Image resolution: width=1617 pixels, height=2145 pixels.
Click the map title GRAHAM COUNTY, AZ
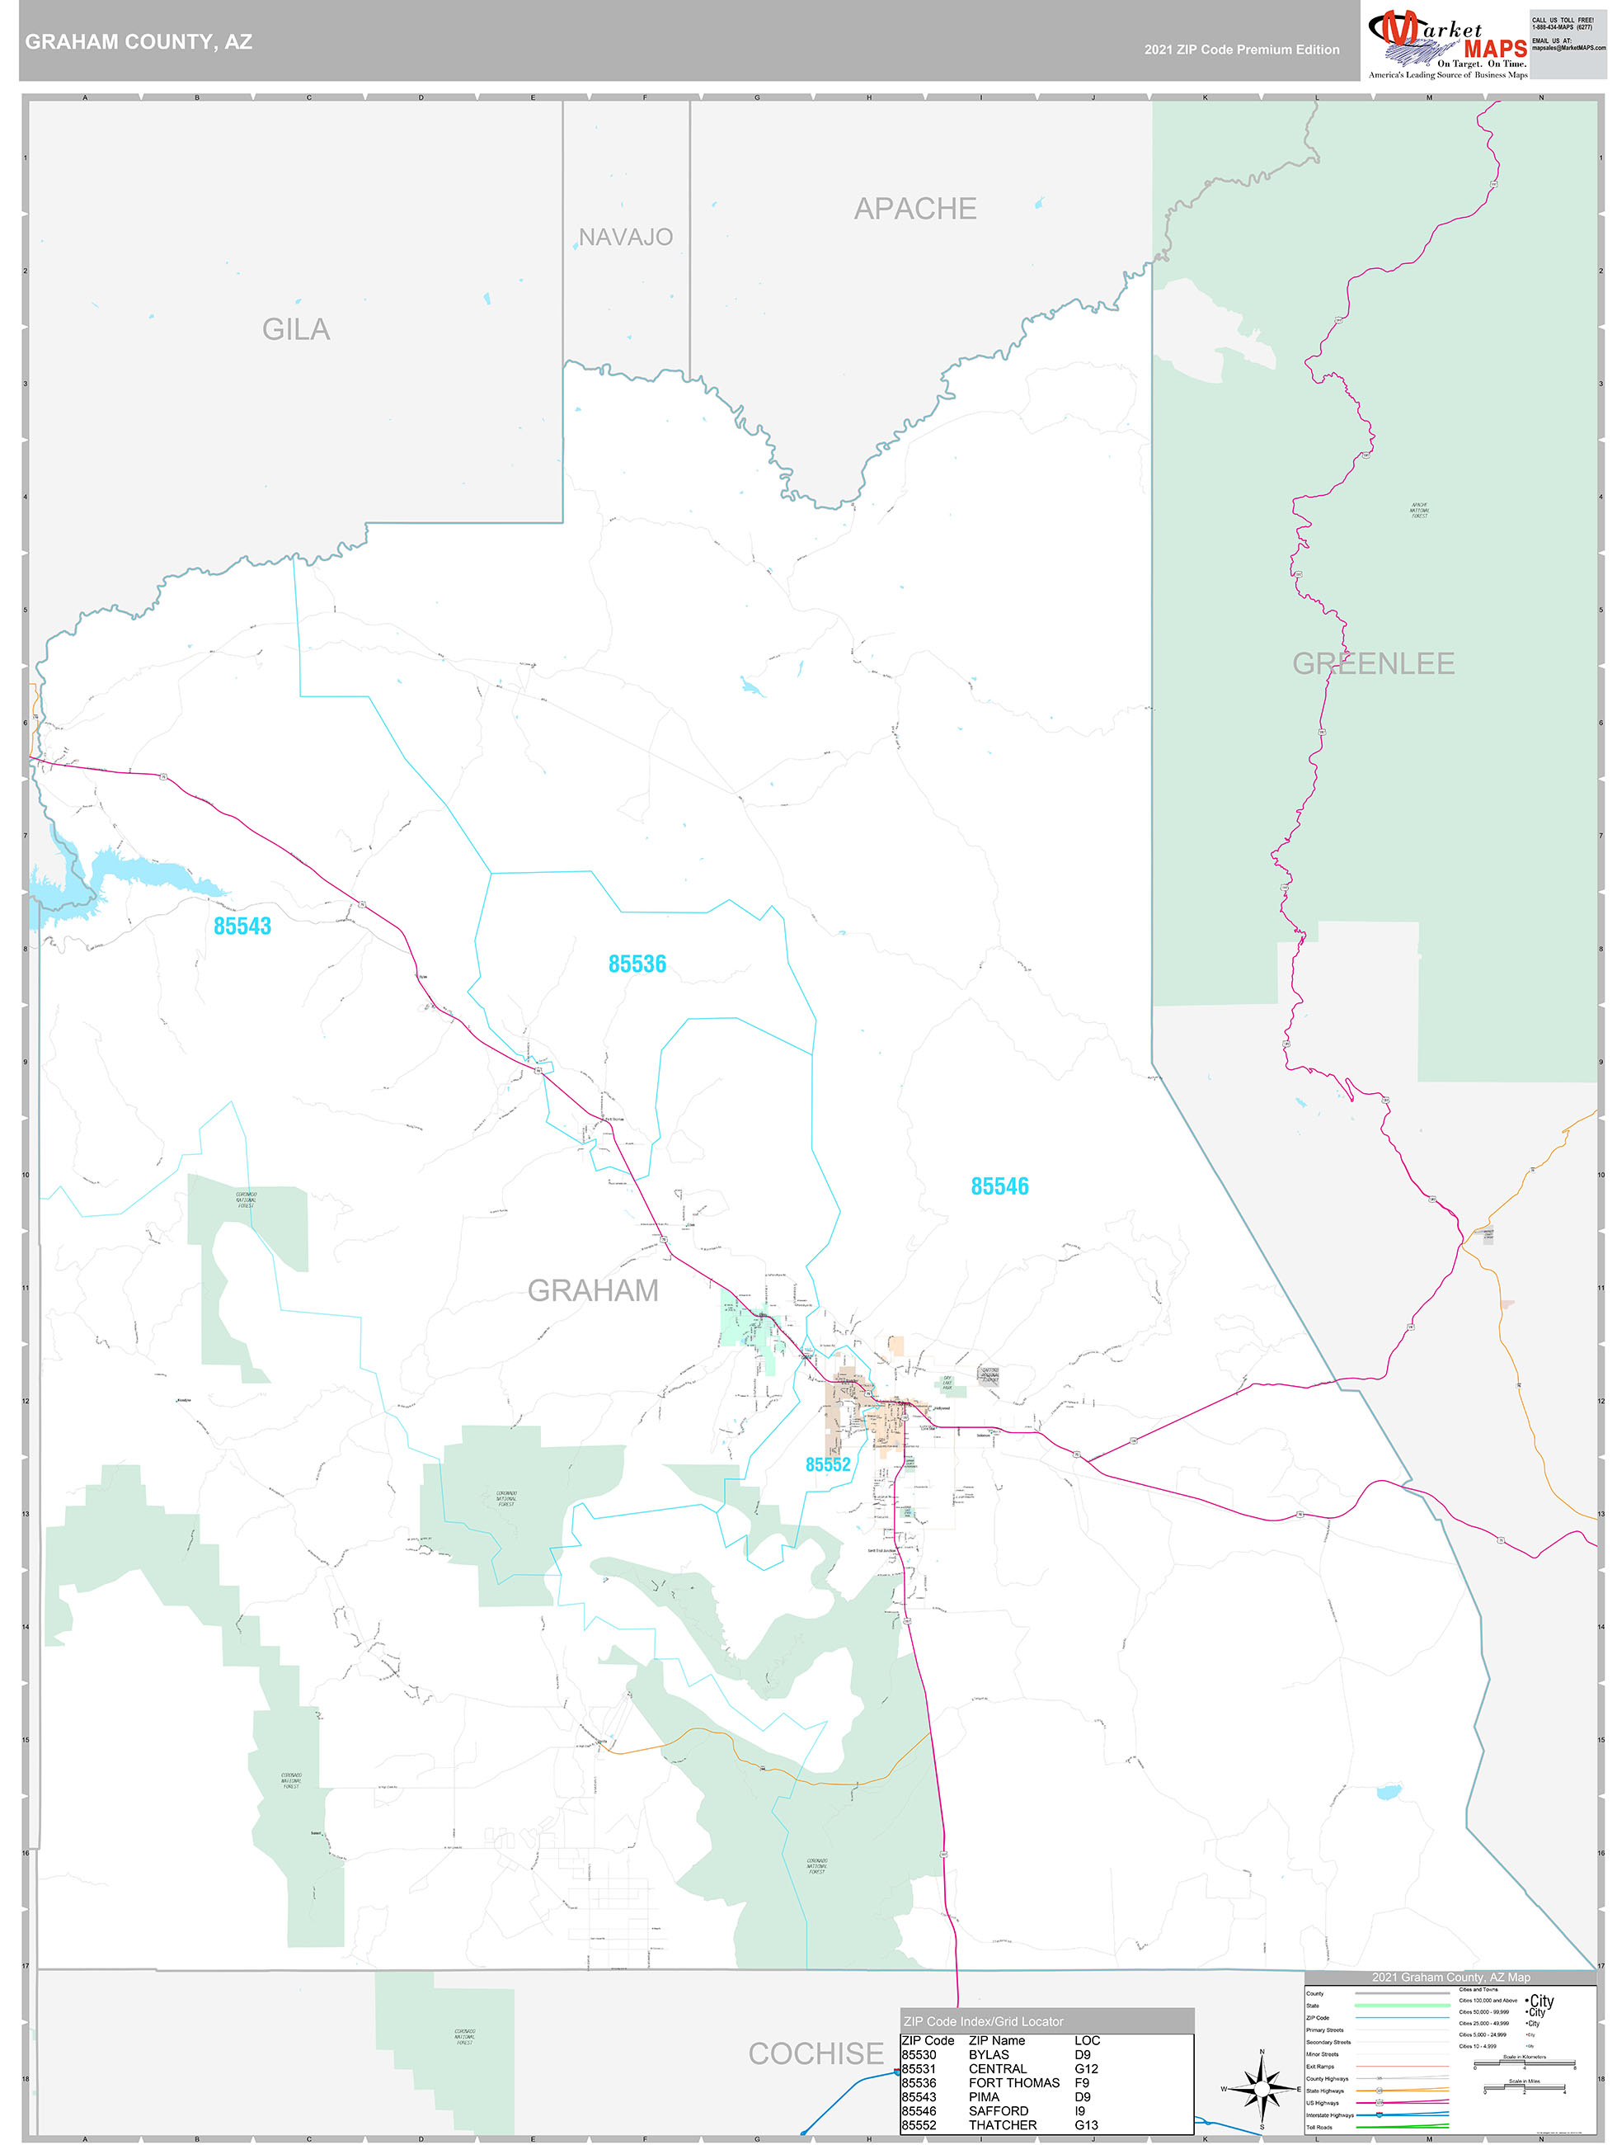point(139,42)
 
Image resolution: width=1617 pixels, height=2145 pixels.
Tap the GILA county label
point(296,330)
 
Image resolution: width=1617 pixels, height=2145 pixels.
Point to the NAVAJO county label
point(625,237)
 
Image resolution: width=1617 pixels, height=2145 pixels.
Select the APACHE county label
point(914,209)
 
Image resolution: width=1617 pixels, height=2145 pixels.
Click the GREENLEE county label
point(1373,663)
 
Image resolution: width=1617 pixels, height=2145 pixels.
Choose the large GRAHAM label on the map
point(592,1289)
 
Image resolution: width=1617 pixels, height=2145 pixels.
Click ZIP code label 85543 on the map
point(242,926)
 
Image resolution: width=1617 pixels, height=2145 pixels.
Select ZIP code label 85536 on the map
point(637,964)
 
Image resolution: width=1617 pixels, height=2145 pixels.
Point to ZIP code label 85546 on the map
point(999,1186)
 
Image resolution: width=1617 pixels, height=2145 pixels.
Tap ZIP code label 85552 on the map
point(828,1464)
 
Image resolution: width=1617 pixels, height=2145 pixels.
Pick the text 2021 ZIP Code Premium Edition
point(1241,49)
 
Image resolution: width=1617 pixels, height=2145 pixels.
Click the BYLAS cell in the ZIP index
point(989,2054)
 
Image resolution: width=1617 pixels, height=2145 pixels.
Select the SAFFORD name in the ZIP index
point(998,2110)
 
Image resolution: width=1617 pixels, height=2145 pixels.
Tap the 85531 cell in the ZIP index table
point(919,2068)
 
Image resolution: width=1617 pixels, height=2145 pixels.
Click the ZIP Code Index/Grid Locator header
point(983,2021)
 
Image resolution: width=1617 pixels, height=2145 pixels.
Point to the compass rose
point(1262,2089)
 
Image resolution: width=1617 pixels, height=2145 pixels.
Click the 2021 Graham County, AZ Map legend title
point(1450,1976)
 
